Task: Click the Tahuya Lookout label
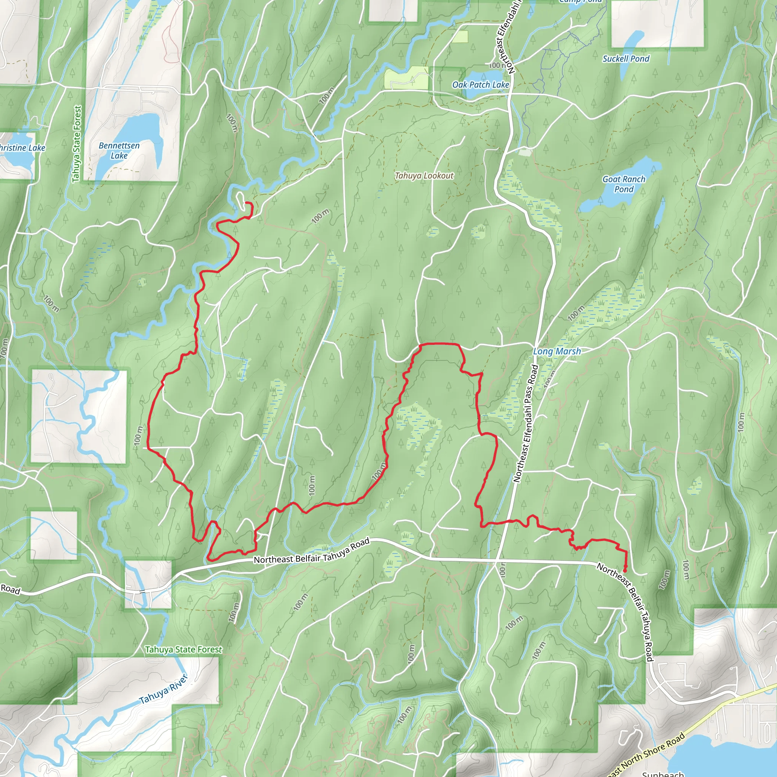coord(424,176)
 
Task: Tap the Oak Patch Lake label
coord(481,85)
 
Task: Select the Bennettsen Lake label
coord(119,150)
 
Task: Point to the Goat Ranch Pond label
coord(623,184)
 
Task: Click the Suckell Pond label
coord(626,59)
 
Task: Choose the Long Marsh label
coord(557,351)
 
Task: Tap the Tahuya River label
coord(163,689)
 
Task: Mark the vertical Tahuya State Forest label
coord(76,143)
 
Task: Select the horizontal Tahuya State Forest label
coord(183,650)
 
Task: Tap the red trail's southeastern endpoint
coord(624,571)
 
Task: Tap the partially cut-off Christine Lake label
coord(22,148)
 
